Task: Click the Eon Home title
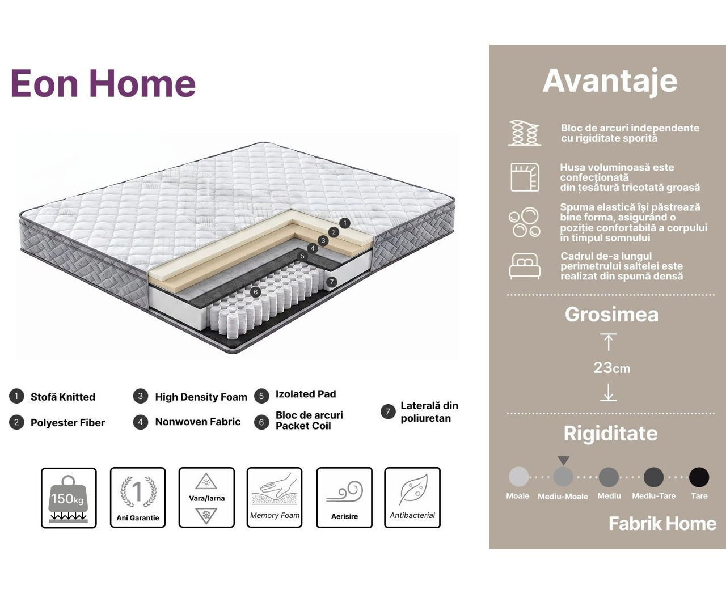tap(103, 83)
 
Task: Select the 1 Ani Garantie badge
tap(138, 497)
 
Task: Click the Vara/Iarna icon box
tap(206, 497)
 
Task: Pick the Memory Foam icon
tap(275, 497)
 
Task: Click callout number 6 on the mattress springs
tap(255, 292)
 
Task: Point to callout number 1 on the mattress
tap(345, 223)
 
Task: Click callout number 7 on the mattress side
tap(331, 282)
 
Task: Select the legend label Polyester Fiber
tap(68, 423)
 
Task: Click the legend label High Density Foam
tap(201, 397)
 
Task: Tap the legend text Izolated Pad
tap(306, 394)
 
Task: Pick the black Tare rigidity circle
tap(699, 477)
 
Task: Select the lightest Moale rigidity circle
tap(519, 477)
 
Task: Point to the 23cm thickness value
tap(612, 368)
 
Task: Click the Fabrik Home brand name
tap(662, 524)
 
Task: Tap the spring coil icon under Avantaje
tap(525, 133)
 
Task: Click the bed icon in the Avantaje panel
tap(525, 266)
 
